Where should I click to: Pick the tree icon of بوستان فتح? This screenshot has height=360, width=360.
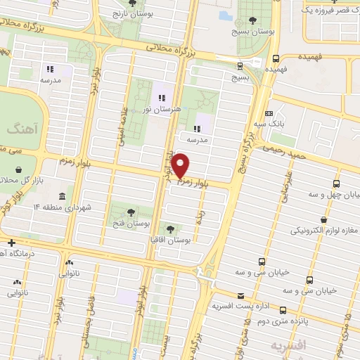(131, 210)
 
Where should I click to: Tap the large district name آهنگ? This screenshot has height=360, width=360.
(15, 128)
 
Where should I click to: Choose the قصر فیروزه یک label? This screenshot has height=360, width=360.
(330, 10)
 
